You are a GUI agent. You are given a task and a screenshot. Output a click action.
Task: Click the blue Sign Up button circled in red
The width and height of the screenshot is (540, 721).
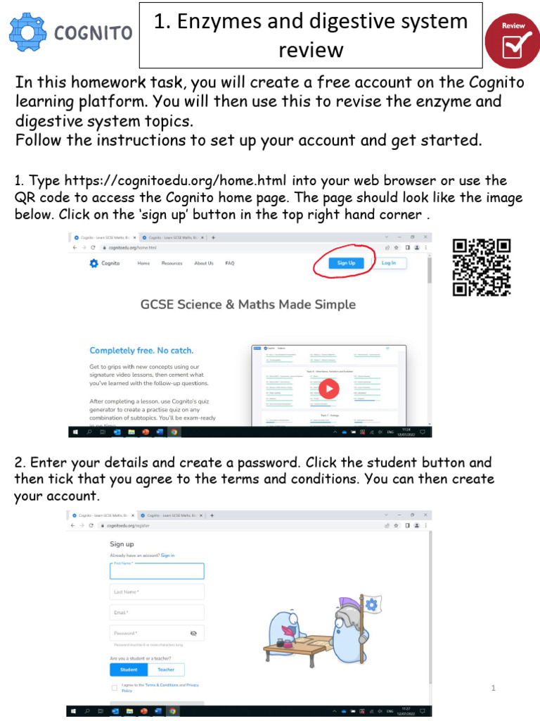tap(346, 263)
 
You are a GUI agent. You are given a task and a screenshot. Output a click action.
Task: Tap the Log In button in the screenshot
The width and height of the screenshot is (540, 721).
tap(388, 263)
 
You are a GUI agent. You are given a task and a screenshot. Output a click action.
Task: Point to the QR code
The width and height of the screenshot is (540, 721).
tap(482, 268)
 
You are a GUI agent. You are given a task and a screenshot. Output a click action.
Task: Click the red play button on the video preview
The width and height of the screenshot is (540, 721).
tap(328, 389)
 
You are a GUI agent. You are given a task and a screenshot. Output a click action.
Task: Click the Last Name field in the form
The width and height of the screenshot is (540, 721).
tap(157, 591)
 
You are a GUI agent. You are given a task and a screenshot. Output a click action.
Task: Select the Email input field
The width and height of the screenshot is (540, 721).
tap(157, 613)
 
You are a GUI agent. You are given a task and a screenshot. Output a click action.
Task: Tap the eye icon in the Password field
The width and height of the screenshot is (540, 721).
tap(193, 633)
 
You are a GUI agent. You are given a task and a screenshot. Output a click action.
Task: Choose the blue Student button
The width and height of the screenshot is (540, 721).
tap(129, 670)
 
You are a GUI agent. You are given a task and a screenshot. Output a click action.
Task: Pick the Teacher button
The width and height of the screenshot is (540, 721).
tap(166, 670)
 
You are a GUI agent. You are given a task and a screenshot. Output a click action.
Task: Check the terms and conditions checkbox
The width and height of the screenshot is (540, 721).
tap(115, 687)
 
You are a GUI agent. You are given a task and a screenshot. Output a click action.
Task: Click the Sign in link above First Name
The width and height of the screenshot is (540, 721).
tap(167, 556)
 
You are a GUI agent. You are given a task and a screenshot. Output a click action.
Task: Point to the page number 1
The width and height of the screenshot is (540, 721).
tap(494, 688)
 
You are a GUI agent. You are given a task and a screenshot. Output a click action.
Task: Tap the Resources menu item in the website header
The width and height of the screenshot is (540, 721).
tap(172, 263)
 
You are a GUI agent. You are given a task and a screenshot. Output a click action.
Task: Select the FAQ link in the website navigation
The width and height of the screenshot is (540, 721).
tap(229, 263)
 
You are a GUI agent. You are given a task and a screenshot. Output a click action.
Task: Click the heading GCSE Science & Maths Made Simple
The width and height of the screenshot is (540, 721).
tap(248, 305)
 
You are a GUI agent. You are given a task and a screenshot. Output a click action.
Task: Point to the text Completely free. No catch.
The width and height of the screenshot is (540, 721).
tap(141, 351)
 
